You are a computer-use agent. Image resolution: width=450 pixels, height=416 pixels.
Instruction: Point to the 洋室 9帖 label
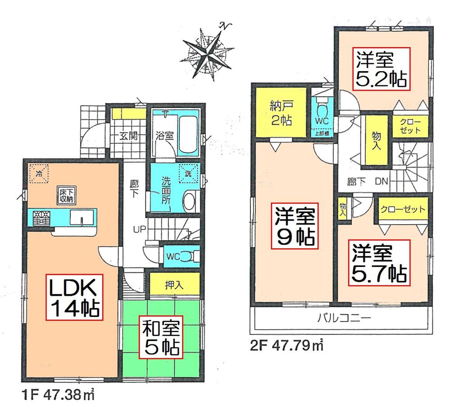point(294,225)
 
